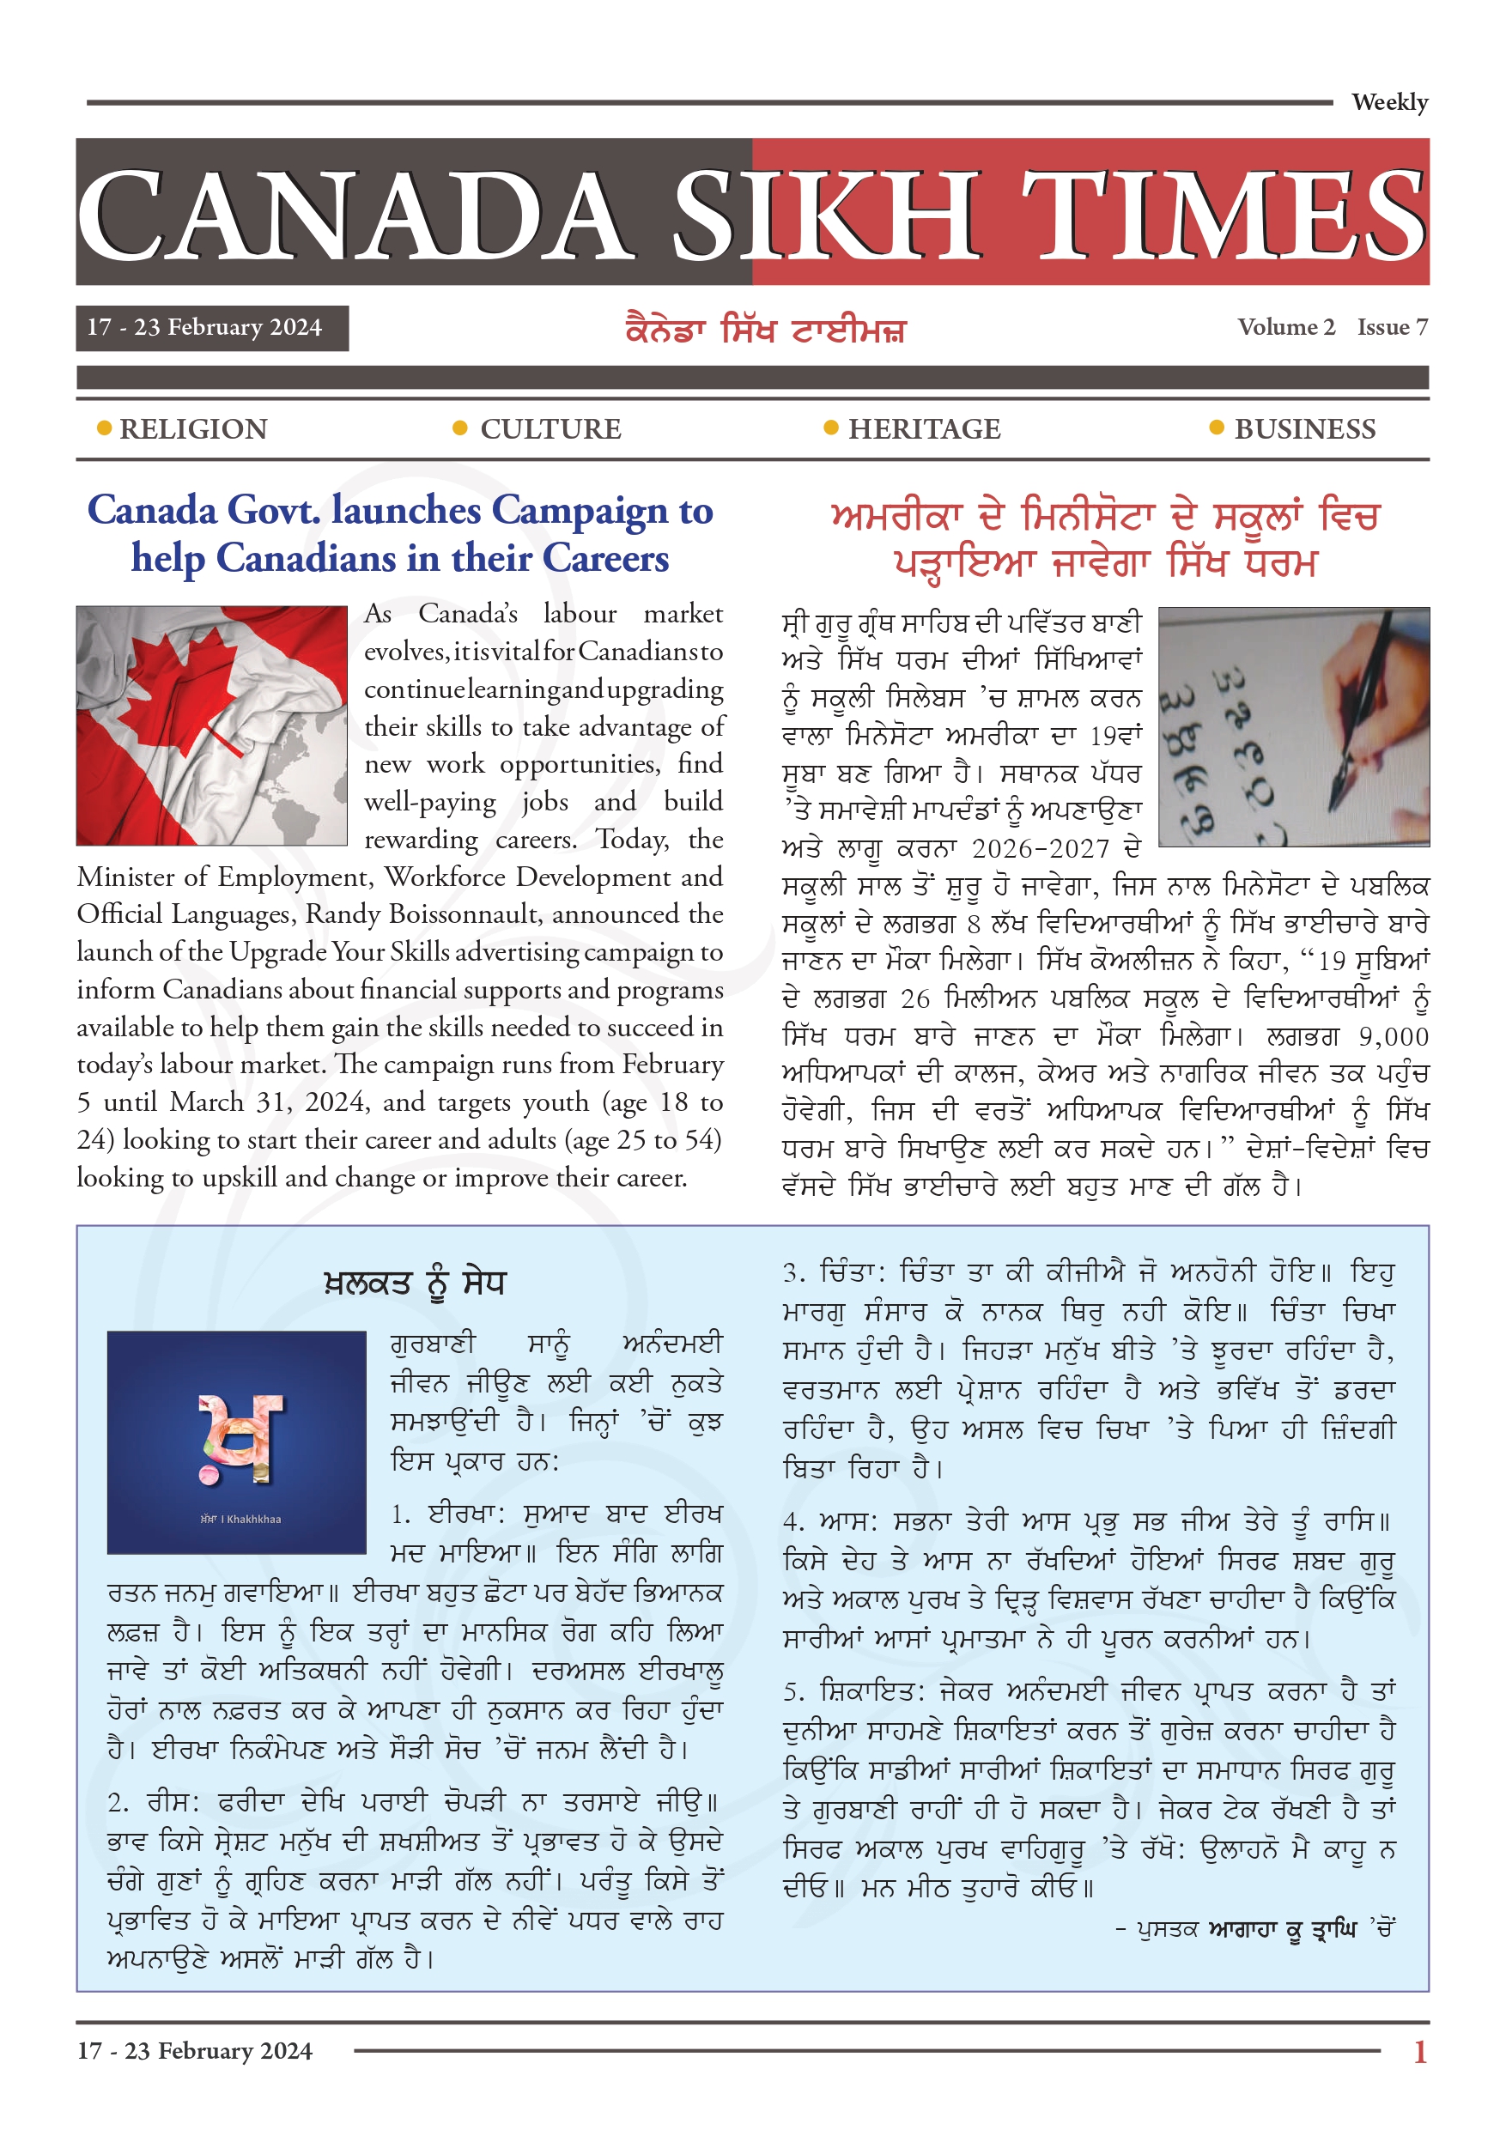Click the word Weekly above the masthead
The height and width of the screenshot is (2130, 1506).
click(x=1388, y=102)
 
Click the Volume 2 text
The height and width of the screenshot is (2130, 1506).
click(x=1285, y=327)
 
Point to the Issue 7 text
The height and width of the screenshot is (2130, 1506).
click(x=1392, y=327)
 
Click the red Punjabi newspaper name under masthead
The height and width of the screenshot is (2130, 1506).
click(x=765, y=331)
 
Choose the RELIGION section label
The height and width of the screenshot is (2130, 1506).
click(x=193, y=429)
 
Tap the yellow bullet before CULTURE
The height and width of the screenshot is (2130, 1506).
click(x=459, y=428)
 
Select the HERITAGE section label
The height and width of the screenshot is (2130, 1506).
click(x=924, y=429)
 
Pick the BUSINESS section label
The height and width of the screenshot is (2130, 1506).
click(x=1304, y=429)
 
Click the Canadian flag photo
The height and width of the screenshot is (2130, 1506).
click(x=211, y=725)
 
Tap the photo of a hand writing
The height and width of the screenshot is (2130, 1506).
click(x=1294, y=726)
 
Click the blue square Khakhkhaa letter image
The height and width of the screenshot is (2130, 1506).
click(x=237, y=1441)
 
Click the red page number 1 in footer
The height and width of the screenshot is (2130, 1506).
click(x=1419, y=2051)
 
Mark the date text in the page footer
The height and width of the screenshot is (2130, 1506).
click(x=195, y=2050)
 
